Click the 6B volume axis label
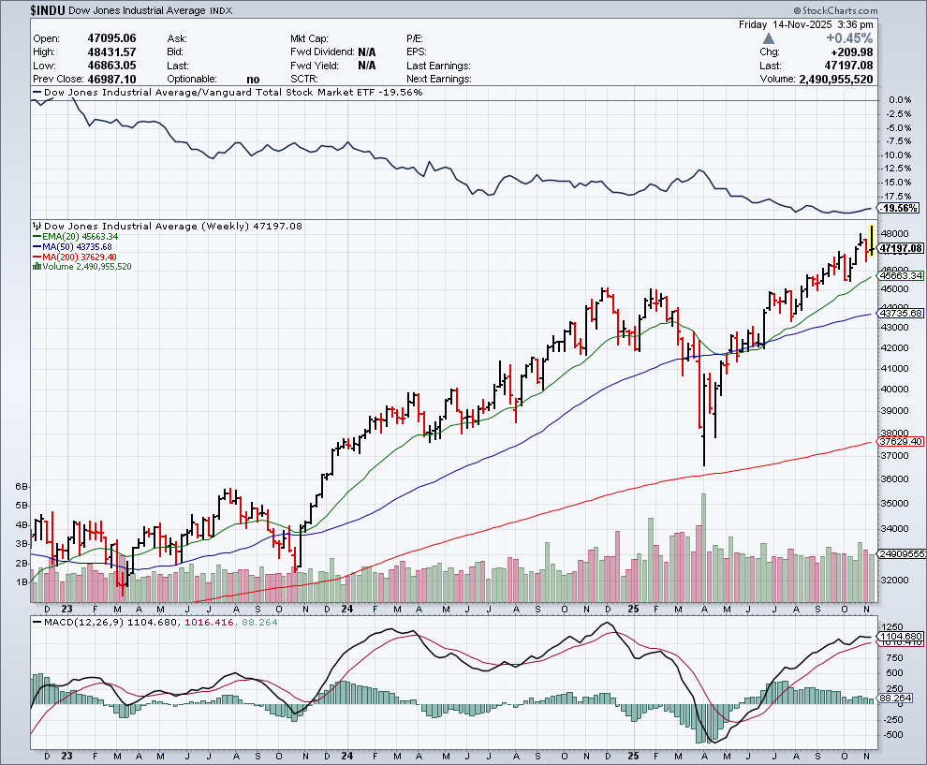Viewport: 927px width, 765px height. coord(22,488)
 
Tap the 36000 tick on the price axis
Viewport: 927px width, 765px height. coord(894,478)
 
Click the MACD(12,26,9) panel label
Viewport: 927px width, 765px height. coord(78,622)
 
